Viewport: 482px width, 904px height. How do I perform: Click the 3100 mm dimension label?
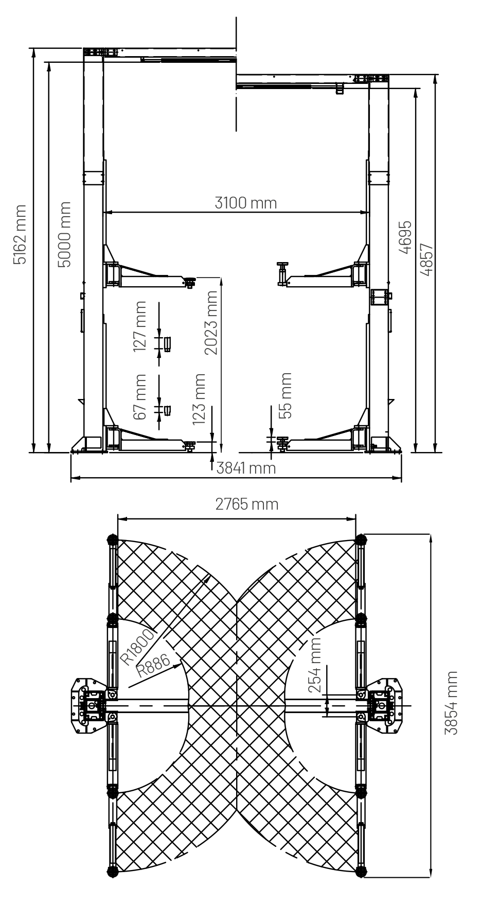[x=245, y=203]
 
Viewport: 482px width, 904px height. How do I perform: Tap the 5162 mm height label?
[x=20, y=234]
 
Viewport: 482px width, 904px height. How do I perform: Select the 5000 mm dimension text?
[x=64, y=234]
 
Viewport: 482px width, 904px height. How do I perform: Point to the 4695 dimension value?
[x=406, y=238]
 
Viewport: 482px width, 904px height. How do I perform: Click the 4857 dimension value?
[x=427, y=259]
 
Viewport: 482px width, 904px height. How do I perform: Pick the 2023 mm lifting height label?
[x=211, y=322]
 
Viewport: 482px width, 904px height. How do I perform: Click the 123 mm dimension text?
[x=199, y=399]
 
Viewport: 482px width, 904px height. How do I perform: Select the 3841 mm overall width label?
[x=246, y=468]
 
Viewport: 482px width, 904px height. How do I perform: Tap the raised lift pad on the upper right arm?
[x=282, y=273]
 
